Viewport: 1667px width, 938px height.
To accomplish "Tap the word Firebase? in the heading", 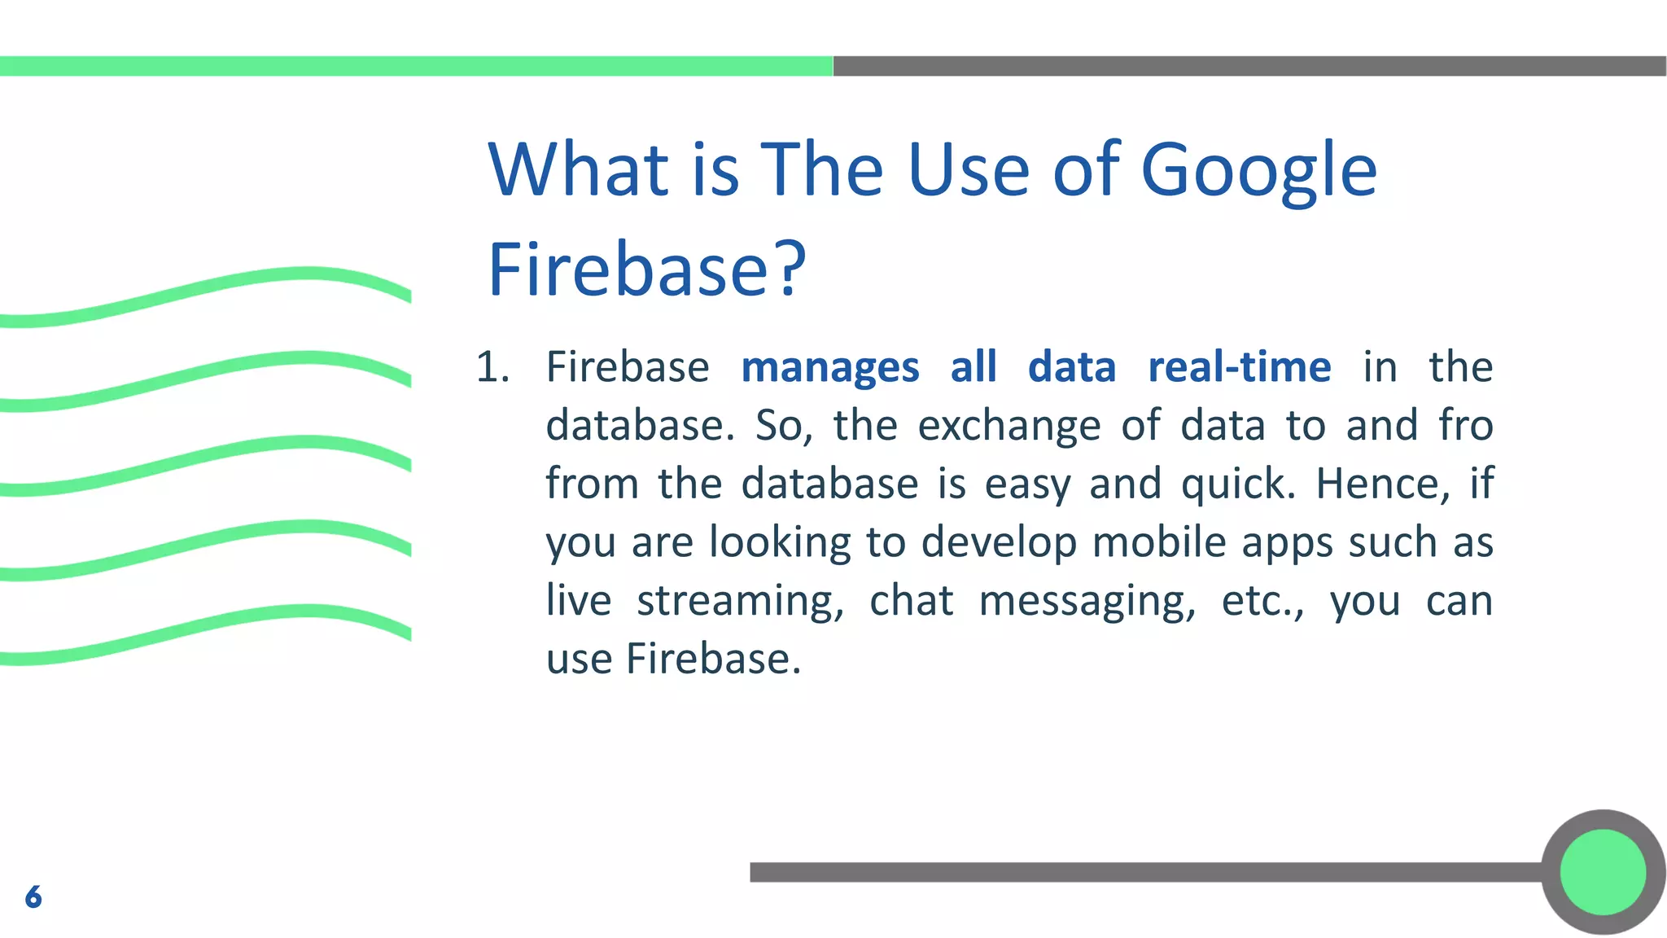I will (x=646, y=270).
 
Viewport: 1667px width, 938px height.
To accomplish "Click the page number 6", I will (x=33, y=896).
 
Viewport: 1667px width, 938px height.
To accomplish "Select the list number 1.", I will (x=492, y=367).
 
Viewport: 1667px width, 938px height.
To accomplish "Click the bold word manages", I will (x=829, y=367).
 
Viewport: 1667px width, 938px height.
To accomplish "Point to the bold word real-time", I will (x=1239, y=367).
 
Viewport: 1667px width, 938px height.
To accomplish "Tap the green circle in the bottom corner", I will (x=1602, y=872).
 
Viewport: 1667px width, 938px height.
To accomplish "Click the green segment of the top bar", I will (x=415, y=66).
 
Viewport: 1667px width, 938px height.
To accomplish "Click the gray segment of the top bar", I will (x=1249, y=66).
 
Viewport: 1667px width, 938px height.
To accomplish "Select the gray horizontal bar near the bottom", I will (x=1140, y=872).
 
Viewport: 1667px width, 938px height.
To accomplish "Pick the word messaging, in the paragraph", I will (x=1087, y=601).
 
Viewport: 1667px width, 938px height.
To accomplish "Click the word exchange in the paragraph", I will (x=1009, y=426).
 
